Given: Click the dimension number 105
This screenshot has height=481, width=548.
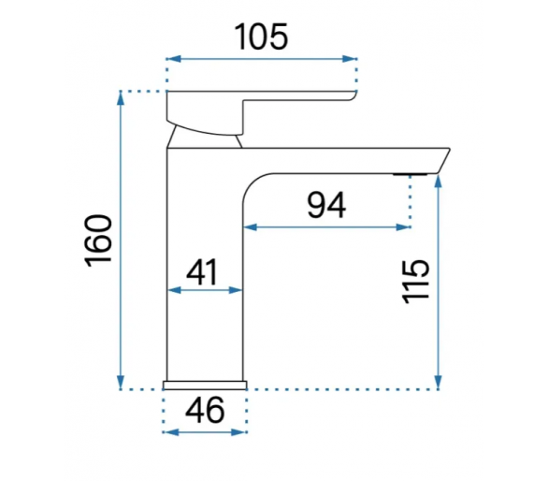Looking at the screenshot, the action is (261, 36).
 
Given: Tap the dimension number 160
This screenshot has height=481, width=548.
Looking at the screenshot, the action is (98, 240).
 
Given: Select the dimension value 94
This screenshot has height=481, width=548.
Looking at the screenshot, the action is (326, 205).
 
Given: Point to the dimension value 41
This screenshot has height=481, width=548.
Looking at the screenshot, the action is (202, 271).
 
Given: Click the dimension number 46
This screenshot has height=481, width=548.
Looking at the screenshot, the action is (205, 410).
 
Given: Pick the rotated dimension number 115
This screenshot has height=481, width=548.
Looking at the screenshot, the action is (415, 282).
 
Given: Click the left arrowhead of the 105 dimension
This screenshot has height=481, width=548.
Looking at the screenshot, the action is (174, 59).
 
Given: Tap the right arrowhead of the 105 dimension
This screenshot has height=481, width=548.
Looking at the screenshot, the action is (350, 59).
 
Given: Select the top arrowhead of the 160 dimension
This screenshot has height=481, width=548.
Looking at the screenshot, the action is (121, 98).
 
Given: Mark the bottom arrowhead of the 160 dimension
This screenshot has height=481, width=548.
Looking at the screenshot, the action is (121, 382).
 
